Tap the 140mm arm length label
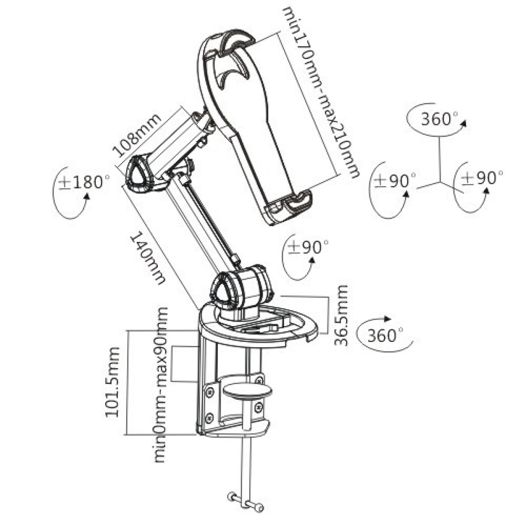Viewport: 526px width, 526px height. (148, 259)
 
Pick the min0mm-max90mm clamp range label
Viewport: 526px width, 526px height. (161, 385)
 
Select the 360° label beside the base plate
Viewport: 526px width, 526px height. (384, 336)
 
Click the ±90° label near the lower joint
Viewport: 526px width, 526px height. (309, 247)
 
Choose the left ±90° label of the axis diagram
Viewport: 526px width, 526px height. (396, 180)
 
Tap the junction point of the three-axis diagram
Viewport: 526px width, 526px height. (440, 180)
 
